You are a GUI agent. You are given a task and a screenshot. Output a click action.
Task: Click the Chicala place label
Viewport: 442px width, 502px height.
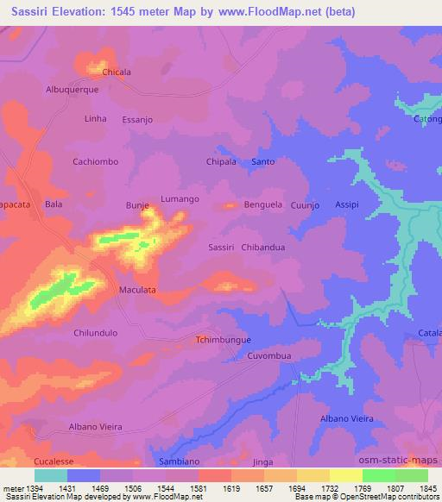(x=117, y=72)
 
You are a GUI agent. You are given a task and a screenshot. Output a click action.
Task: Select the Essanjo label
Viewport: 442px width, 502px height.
(x=137, y=120)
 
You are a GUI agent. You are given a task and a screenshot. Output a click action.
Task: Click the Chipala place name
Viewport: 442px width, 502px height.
(x=221, y=161)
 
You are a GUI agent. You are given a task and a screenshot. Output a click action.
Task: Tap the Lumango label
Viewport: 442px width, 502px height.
(x=180, y=198)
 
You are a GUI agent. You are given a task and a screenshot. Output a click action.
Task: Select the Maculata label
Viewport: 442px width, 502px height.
(x=137, y=290)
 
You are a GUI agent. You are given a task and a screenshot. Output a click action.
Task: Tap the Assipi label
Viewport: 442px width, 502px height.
(x=347, y=204)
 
